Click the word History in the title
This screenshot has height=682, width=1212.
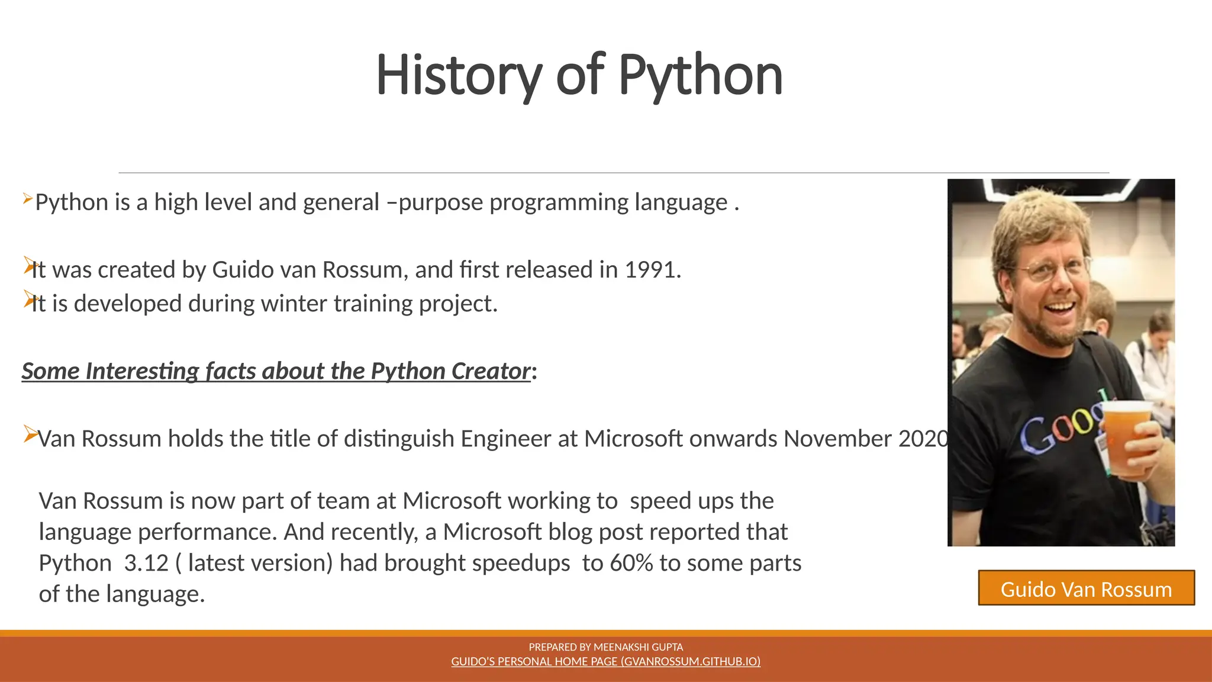459,75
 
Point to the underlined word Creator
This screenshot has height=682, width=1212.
491,371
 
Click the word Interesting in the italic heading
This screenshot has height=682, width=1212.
142,371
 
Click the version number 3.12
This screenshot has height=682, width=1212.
146,563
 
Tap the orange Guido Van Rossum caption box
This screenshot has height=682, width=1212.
1086,588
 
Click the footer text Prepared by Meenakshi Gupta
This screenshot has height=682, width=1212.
605,647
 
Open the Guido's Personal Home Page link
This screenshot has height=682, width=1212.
605,661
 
